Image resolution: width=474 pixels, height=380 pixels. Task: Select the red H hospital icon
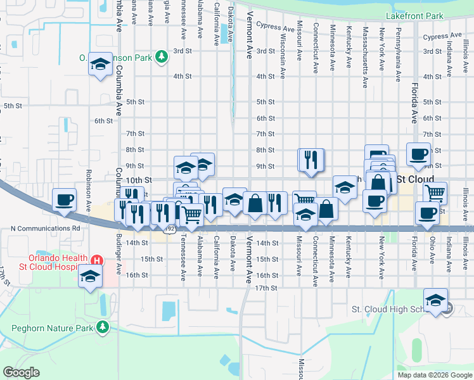97,260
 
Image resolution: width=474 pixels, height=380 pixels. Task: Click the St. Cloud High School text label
396,309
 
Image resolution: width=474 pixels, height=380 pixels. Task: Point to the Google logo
21,372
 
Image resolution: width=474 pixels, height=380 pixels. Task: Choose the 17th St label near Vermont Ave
267,288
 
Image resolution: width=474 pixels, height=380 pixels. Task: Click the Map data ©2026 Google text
435,375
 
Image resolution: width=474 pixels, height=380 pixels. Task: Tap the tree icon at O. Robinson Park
162,57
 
